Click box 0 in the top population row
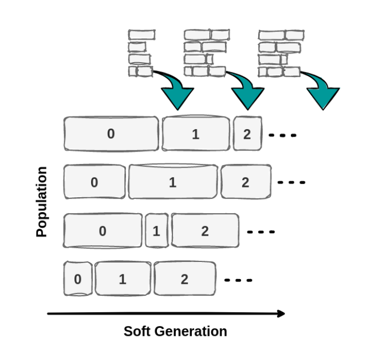coord(111,134)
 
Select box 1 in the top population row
coord(196,133)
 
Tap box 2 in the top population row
coord(248,133)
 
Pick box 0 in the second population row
coord(94,182)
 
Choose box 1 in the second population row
coord(173,182)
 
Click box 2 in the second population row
coord(246,182)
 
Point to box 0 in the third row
coord(103,231)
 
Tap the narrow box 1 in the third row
coord(156,231)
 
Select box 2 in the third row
coord(205,230)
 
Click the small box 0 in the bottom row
coord(78,279)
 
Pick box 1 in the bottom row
coord(123,279)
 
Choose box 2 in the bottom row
coord(185,279)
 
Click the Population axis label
coord(41,201)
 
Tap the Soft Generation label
coord(175,332)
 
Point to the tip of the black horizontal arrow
coord(285,314)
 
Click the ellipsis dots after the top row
coord(282,135)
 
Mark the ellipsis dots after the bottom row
coord(238,280)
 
